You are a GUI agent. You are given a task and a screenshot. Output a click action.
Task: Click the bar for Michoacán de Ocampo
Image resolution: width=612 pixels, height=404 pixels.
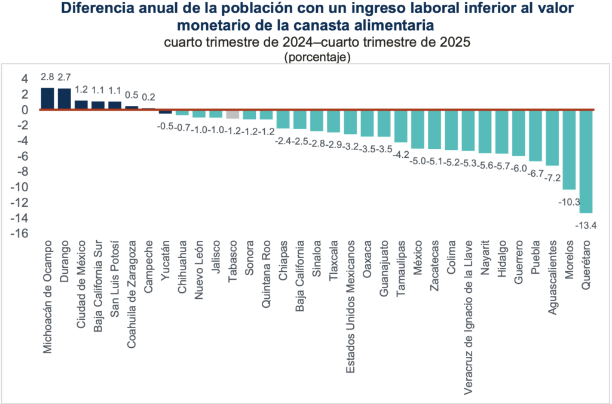point(47,99)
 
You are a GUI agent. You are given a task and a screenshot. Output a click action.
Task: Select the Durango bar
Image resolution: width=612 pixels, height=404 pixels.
point(64,99)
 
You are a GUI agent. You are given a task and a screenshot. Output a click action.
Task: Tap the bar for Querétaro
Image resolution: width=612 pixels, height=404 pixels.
point(586,161)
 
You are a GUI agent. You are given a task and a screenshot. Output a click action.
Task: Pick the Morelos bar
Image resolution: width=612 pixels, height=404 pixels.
point(569,149)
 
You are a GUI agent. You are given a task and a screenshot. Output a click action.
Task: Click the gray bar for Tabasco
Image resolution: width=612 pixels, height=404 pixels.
point(232,115)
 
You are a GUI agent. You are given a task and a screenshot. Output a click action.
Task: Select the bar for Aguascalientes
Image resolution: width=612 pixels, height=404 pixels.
point(552,137)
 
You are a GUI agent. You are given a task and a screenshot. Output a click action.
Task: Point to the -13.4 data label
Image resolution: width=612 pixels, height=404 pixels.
point(586,225)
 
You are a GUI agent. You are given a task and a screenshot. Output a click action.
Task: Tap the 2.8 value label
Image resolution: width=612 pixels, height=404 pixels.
point(47,77)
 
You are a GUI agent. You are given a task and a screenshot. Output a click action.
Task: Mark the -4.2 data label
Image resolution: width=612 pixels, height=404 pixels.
point(401,155)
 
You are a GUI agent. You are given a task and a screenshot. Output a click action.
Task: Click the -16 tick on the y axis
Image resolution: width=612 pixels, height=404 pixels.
point(20,234)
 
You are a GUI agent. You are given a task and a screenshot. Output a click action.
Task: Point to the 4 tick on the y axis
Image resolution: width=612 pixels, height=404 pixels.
point(24,79)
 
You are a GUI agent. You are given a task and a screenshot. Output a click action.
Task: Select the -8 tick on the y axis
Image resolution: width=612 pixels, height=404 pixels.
point(22,172)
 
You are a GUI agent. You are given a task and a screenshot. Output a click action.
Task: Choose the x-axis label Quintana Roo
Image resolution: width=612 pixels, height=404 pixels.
point(267,274)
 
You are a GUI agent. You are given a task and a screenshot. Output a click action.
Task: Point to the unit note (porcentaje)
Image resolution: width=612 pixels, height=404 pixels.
point(317,57)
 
